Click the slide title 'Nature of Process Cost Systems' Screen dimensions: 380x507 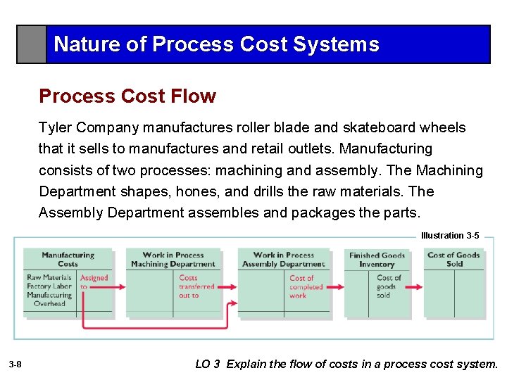(216, 44)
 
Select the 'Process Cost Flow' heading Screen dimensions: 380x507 (127, 96)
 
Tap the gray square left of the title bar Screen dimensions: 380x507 (32, 45)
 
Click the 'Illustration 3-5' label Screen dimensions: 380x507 (449, 236)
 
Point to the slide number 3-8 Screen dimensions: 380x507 (15, 365)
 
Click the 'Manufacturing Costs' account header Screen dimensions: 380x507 (68, 259)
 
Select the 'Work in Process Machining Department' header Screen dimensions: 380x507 (173, 259)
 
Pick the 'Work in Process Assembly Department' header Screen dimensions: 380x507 (284, 259)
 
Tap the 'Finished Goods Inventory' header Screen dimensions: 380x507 (377, 260)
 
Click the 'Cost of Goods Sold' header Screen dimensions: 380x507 (454, 259)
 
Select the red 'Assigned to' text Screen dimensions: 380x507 (94, 282)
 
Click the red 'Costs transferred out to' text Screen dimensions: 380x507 (196, 286)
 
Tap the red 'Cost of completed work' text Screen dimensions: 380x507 (306, 286)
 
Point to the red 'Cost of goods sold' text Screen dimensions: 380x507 (389, 286)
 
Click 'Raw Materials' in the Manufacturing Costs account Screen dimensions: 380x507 (49, 278)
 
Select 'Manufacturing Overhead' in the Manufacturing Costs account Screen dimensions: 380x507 (49, 299)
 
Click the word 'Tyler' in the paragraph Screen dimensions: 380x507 (54, 127)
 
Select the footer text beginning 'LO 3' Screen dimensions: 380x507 (346, 365)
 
